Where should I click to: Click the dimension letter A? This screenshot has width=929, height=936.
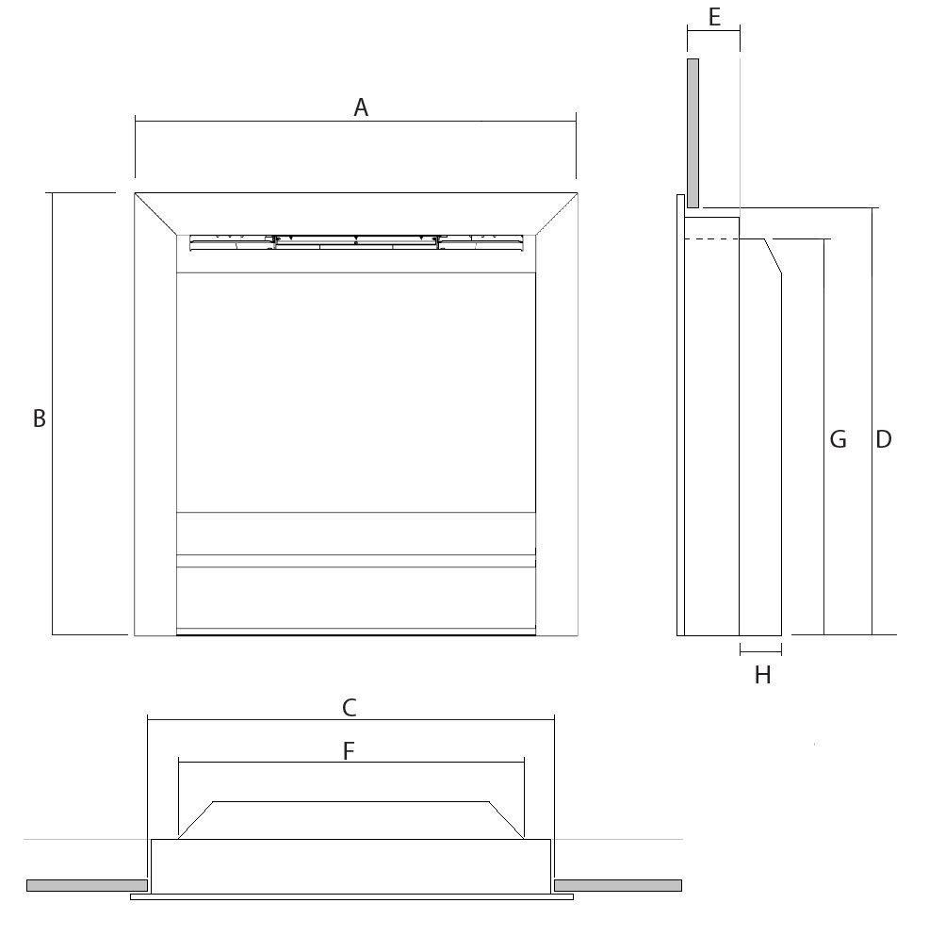(360, 108)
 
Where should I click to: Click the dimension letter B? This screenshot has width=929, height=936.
(39, 419)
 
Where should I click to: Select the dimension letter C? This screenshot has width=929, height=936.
(349, 707)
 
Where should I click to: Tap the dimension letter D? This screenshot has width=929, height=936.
(883, 439)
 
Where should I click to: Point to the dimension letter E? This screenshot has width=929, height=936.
(713, 17)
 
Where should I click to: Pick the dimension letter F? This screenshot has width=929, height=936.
(349, 751)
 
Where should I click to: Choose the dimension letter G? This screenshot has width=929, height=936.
(837, 439)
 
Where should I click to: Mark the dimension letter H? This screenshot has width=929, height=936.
(762, 675)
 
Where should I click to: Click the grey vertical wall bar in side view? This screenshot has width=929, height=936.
(693, 132)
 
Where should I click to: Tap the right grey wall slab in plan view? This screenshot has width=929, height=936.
(618, 885)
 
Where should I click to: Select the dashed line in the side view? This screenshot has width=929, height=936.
(711, 239)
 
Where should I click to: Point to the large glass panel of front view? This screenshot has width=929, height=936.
(356, 391)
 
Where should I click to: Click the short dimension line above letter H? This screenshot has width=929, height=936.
(760, 651)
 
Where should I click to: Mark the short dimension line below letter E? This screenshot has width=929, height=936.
(713, 31)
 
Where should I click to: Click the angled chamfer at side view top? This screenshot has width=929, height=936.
(772, 256)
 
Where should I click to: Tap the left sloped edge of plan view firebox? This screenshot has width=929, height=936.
(196, 820)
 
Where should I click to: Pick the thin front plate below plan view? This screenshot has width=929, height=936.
(351, 897)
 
